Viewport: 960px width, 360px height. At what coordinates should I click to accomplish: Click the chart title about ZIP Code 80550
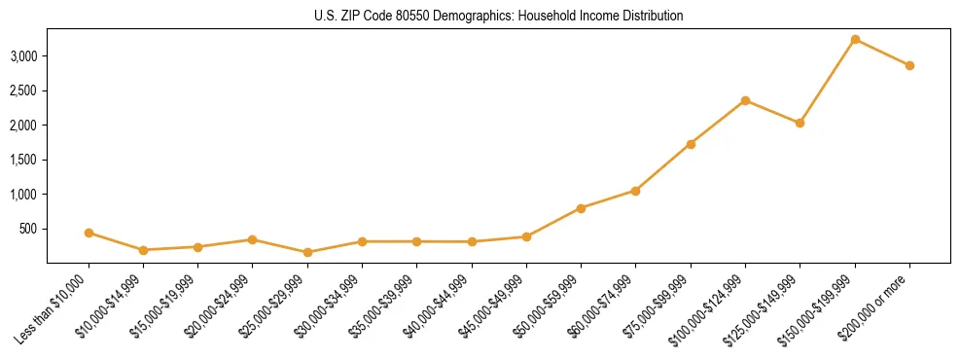[x=498, y=16]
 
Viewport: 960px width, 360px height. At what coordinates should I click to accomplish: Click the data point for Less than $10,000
[x=89, y=233]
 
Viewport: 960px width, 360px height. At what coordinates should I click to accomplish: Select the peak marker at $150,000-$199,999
[x=855, y=39]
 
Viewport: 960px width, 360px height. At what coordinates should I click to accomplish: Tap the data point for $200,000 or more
[x=909, y=65]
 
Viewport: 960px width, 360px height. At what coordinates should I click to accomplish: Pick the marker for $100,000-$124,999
[x=745, y=100]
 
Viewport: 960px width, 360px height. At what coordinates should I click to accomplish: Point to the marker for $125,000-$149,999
[x=800, y=123]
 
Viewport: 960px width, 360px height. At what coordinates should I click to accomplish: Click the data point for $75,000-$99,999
[x=691, y=144]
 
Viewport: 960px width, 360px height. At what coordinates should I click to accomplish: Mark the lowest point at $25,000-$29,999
[x=307, y=252]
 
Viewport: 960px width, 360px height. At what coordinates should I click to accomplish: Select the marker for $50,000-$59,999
[x=581, y=208]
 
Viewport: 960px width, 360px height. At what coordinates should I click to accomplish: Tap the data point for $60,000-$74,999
[x=635, y=191]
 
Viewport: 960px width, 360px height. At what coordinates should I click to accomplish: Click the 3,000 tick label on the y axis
[x=23, y=56]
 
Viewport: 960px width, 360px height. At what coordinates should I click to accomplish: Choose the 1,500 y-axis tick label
[x=23, y=160]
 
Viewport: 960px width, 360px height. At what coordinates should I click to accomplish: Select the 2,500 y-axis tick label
[x=23, y=90]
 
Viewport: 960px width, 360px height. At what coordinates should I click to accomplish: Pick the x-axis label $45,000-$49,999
[x=490, y=309]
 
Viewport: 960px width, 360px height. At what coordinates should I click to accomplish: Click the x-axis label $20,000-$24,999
[x=217, y=309]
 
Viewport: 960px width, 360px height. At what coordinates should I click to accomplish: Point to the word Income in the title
[x=597, y=16]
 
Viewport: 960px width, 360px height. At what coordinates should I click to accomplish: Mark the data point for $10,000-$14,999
[x=143, y=250]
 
